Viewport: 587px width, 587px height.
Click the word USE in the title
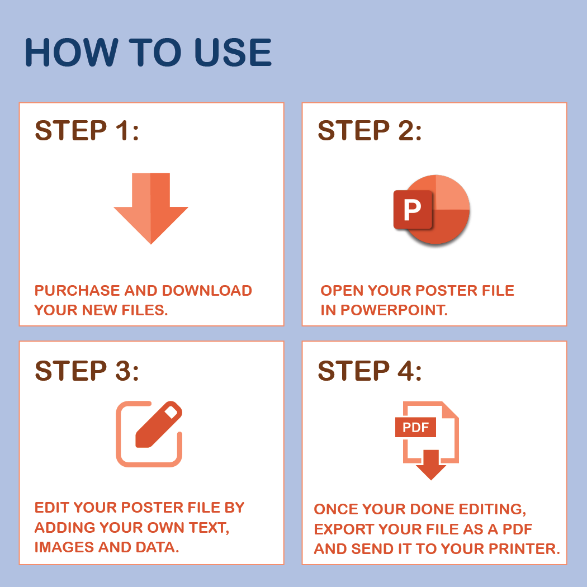[x=233, y=52]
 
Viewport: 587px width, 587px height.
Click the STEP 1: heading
[x=87, y=131]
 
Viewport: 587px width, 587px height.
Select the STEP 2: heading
[x=370, y=131]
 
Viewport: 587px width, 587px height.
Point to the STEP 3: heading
[x=87, y=371]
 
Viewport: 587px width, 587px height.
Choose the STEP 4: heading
[x=370, y=371]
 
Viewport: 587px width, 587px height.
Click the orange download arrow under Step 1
[x=151, y=208]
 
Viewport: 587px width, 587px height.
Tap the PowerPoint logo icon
[x=432, y=209]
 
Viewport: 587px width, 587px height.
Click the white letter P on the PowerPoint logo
[x=412, y=210]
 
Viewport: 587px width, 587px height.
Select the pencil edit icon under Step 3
[x=159, y=424]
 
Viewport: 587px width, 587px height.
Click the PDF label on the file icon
[x=415, y=427]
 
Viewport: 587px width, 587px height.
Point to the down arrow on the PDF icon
[x=431, y=465]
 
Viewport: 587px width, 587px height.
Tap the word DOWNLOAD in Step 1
[x=207, y=291]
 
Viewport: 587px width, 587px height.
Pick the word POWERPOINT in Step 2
[x=394, y=310]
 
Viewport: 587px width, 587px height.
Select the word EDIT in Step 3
[x=52, y=508]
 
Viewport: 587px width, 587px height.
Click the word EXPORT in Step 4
[x=344, y=529]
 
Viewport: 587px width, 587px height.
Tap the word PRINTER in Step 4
[x=524, y=549]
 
